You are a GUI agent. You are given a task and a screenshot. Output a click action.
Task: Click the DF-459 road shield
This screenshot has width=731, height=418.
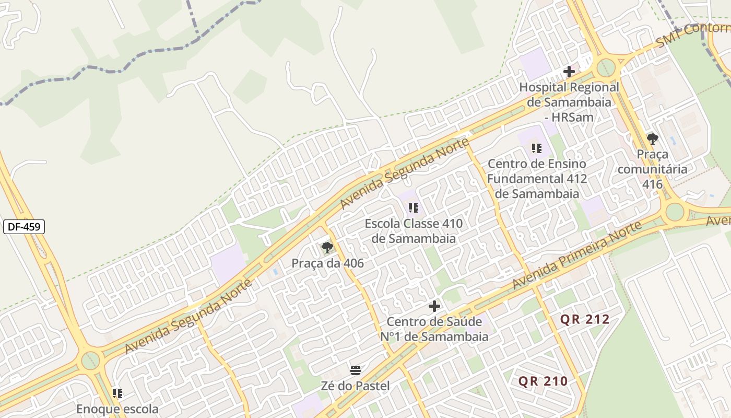pos(24,227)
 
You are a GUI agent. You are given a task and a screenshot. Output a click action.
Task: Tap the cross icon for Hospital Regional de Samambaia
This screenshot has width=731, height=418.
pos(569,72)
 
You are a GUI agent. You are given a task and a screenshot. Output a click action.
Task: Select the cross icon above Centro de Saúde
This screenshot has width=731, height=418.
pos(434,306)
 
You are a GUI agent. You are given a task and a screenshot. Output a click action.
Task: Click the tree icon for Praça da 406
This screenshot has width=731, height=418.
pos(327,248)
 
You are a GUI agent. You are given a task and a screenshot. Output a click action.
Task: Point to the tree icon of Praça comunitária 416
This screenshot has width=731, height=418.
pos(652,139)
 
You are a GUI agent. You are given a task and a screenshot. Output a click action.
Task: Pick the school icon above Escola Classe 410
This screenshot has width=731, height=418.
pos(414,208)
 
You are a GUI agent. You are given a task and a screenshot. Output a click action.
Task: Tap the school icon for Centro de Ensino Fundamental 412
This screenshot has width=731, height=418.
pos(537,148)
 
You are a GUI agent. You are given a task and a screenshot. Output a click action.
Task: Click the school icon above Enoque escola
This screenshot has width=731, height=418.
pos(117,393)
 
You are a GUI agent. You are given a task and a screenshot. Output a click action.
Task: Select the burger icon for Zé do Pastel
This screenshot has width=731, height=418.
pos(356,371)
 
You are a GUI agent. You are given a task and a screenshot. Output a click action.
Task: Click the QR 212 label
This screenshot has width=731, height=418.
pos(585,319)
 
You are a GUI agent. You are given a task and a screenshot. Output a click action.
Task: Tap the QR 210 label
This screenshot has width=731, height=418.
pos(543,381)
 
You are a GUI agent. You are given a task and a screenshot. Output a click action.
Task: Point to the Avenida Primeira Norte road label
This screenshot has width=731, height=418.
pos(576,256)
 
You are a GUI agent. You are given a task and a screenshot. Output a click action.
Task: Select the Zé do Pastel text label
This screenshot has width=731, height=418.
pos(356,386)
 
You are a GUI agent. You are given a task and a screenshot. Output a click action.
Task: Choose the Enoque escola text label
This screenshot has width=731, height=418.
pos(117,409)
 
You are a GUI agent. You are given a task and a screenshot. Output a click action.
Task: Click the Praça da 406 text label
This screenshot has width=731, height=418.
pos(327,263)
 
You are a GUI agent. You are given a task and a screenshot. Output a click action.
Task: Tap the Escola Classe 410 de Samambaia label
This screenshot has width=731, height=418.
pos(414,231)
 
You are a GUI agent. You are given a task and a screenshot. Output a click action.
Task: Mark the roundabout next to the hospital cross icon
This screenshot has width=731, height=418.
pos(606,67)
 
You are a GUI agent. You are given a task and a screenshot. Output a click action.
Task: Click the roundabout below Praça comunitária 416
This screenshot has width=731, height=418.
pos(675,212)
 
